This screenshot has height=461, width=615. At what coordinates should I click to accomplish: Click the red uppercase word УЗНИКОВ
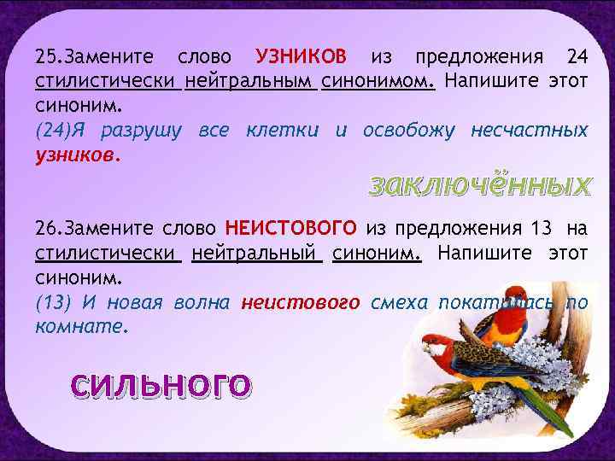click(x=302, y=57)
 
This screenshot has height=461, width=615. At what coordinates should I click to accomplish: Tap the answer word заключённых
click(x=479, y=185)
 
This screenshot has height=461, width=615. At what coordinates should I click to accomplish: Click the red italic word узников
click(x=78, y=155)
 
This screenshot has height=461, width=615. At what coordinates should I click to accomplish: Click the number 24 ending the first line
click(x=577, y=57)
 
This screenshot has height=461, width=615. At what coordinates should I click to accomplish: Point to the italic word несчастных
click(x=530, y=131)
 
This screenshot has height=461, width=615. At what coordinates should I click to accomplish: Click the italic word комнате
click(x=82, y=327)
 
